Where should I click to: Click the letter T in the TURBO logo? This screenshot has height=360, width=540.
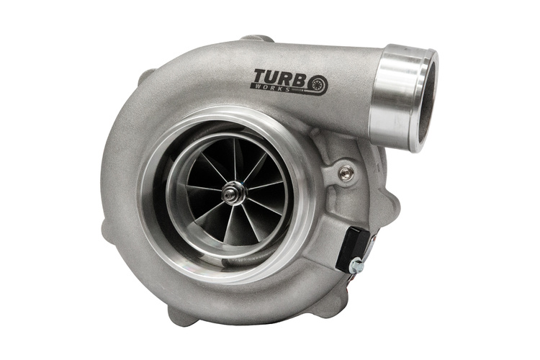click(261, 76)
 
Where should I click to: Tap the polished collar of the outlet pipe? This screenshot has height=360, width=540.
click(403, 98)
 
